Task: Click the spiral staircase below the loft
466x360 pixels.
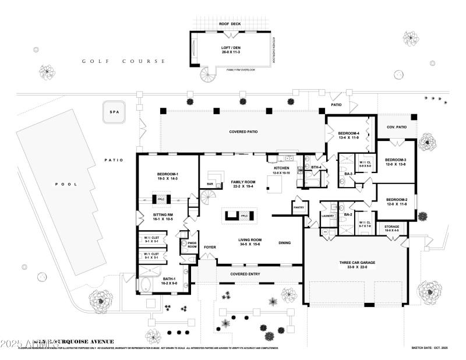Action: click(x=207, y=76)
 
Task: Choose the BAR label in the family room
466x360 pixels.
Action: click(x=210, y=185)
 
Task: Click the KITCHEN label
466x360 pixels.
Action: click(x=282, y=169)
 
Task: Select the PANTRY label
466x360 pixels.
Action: click(x=299, y=207)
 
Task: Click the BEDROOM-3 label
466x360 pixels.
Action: click(x=395, y=162)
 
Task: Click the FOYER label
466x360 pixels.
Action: click(x=210, y=247)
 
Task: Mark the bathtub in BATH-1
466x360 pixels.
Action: click(x=145, y=284)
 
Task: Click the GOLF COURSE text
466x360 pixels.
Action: click(x=123, y=61)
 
